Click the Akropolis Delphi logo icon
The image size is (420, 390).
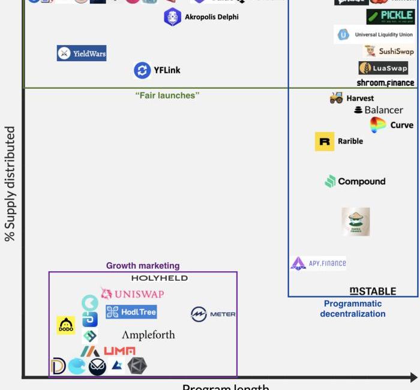point(173,17)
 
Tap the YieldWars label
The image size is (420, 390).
point(82,53)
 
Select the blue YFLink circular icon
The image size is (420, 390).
point(142,70)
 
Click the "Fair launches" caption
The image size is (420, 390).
point(167,95)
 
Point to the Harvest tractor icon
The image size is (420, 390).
point(337,98)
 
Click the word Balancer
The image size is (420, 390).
point(383,110)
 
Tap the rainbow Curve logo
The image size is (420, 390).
point(378,125)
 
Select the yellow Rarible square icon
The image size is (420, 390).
point(325,142)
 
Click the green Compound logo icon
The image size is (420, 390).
point(330,181)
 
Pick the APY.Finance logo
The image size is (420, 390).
point(319,263)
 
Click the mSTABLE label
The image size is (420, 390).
point(373,291)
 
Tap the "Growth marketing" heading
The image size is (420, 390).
point(143,266)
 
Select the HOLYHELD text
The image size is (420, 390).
point(160,278)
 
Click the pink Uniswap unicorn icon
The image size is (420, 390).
point(107,293)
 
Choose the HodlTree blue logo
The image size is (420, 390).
point(131,311)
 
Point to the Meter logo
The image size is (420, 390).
point(213,314)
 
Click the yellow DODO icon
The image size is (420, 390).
point(66,325)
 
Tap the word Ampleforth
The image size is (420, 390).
point(148,335)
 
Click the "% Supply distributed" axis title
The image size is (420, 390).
point(10,184)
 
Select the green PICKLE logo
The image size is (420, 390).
point(391,17)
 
